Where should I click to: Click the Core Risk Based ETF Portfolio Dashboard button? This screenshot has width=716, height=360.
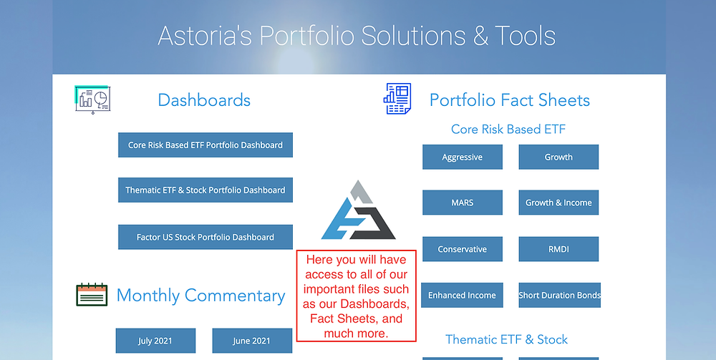[205, 145]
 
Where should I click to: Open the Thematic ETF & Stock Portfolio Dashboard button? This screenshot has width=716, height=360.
[205, 190]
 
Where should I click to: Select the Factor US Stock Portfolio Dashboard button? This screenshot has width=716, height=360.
[205, 238]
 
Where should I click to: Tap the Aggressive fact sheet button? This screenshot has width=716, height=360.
[463, 157]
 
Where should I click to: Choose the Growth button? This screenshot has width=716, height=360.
[558, 157]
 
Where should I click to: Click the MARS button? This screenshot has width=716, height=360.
[463, 203]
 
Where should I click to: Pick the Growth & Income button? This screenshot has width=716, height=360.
[558, 203]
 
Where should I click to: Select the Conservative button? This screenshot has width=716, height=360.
[463, 249]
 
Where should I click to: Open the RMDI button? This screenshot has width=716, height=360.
[558, 249]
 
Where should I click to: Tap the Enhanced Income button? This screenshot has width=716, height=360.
[462, 295]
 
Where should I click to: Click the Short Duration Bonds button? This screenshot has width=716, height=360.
[559, 295]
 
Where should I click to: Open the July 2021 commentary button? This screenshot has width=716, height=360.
[155, 341]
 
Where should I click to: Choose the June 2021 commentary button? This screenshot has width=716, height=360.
[252, 341]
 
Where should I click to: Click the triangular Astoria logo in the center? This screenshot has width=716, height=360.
[359, 210]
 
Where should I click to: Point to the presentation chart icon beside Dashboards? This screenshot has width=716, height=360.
[92, 99]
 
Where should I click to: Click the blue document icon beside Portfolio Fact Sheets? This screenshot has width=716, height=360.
[397, 99]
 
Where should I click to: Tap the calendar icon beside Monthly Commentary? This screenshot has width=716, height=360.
[92, 294]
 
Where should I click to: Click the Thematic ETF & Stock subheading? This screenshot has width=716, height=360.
[507, 339]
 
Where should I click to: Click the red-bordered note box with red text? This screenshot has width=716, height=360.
[356, 296]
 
